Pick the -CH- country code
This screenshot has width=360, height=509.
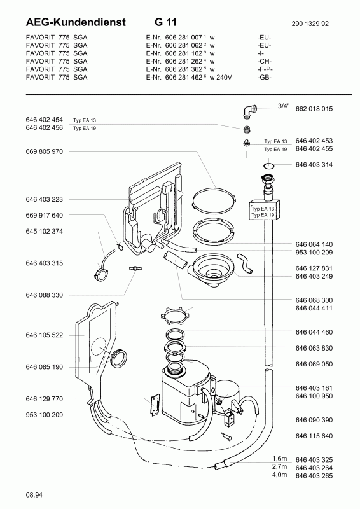265,61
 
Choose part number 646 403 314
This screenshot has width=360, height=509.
314,165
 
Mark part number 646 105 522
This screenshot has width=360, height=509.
45,335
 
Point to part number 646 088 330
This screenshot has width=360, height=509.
45,295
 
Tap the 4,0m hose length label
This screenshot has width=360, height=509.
279,475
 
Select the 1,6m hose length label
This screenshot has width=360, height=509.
279,459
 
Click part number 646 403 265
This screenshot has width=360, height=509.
314,475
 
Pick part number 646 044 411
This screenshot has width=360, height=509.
314,308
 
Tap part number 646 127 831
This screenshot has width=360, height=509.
314,268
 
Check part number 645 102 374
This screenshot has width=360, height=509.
45,231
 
